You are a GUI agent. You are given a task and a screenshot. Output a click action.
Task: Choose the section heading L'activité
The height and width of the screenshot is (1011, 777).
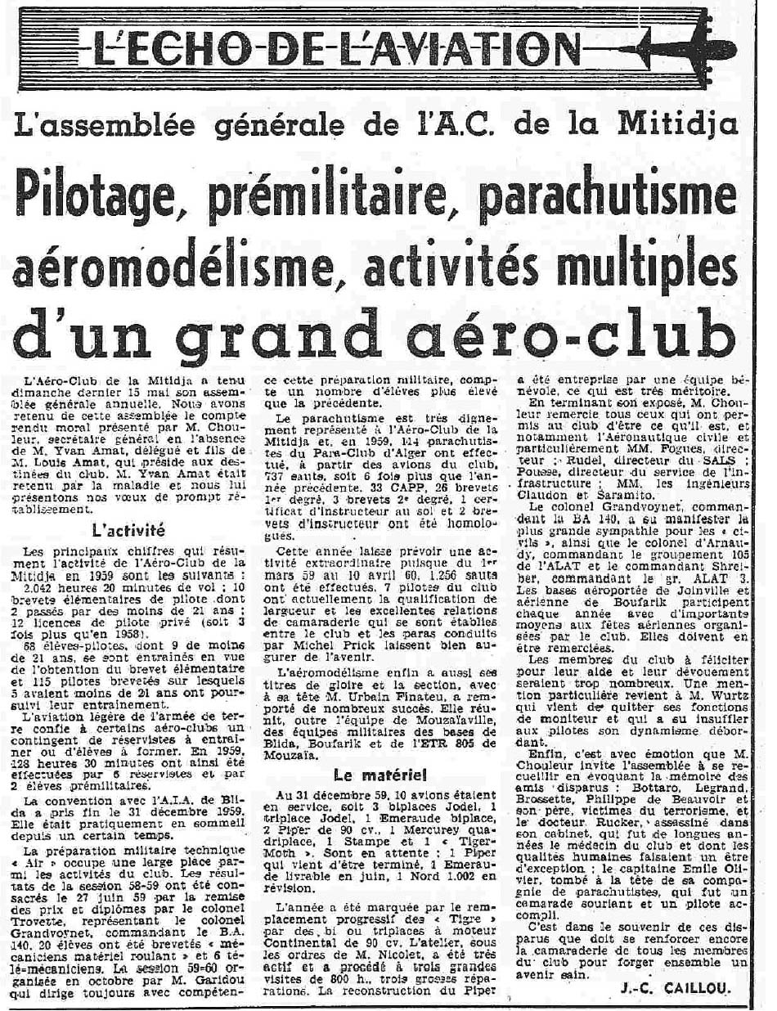128,528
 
